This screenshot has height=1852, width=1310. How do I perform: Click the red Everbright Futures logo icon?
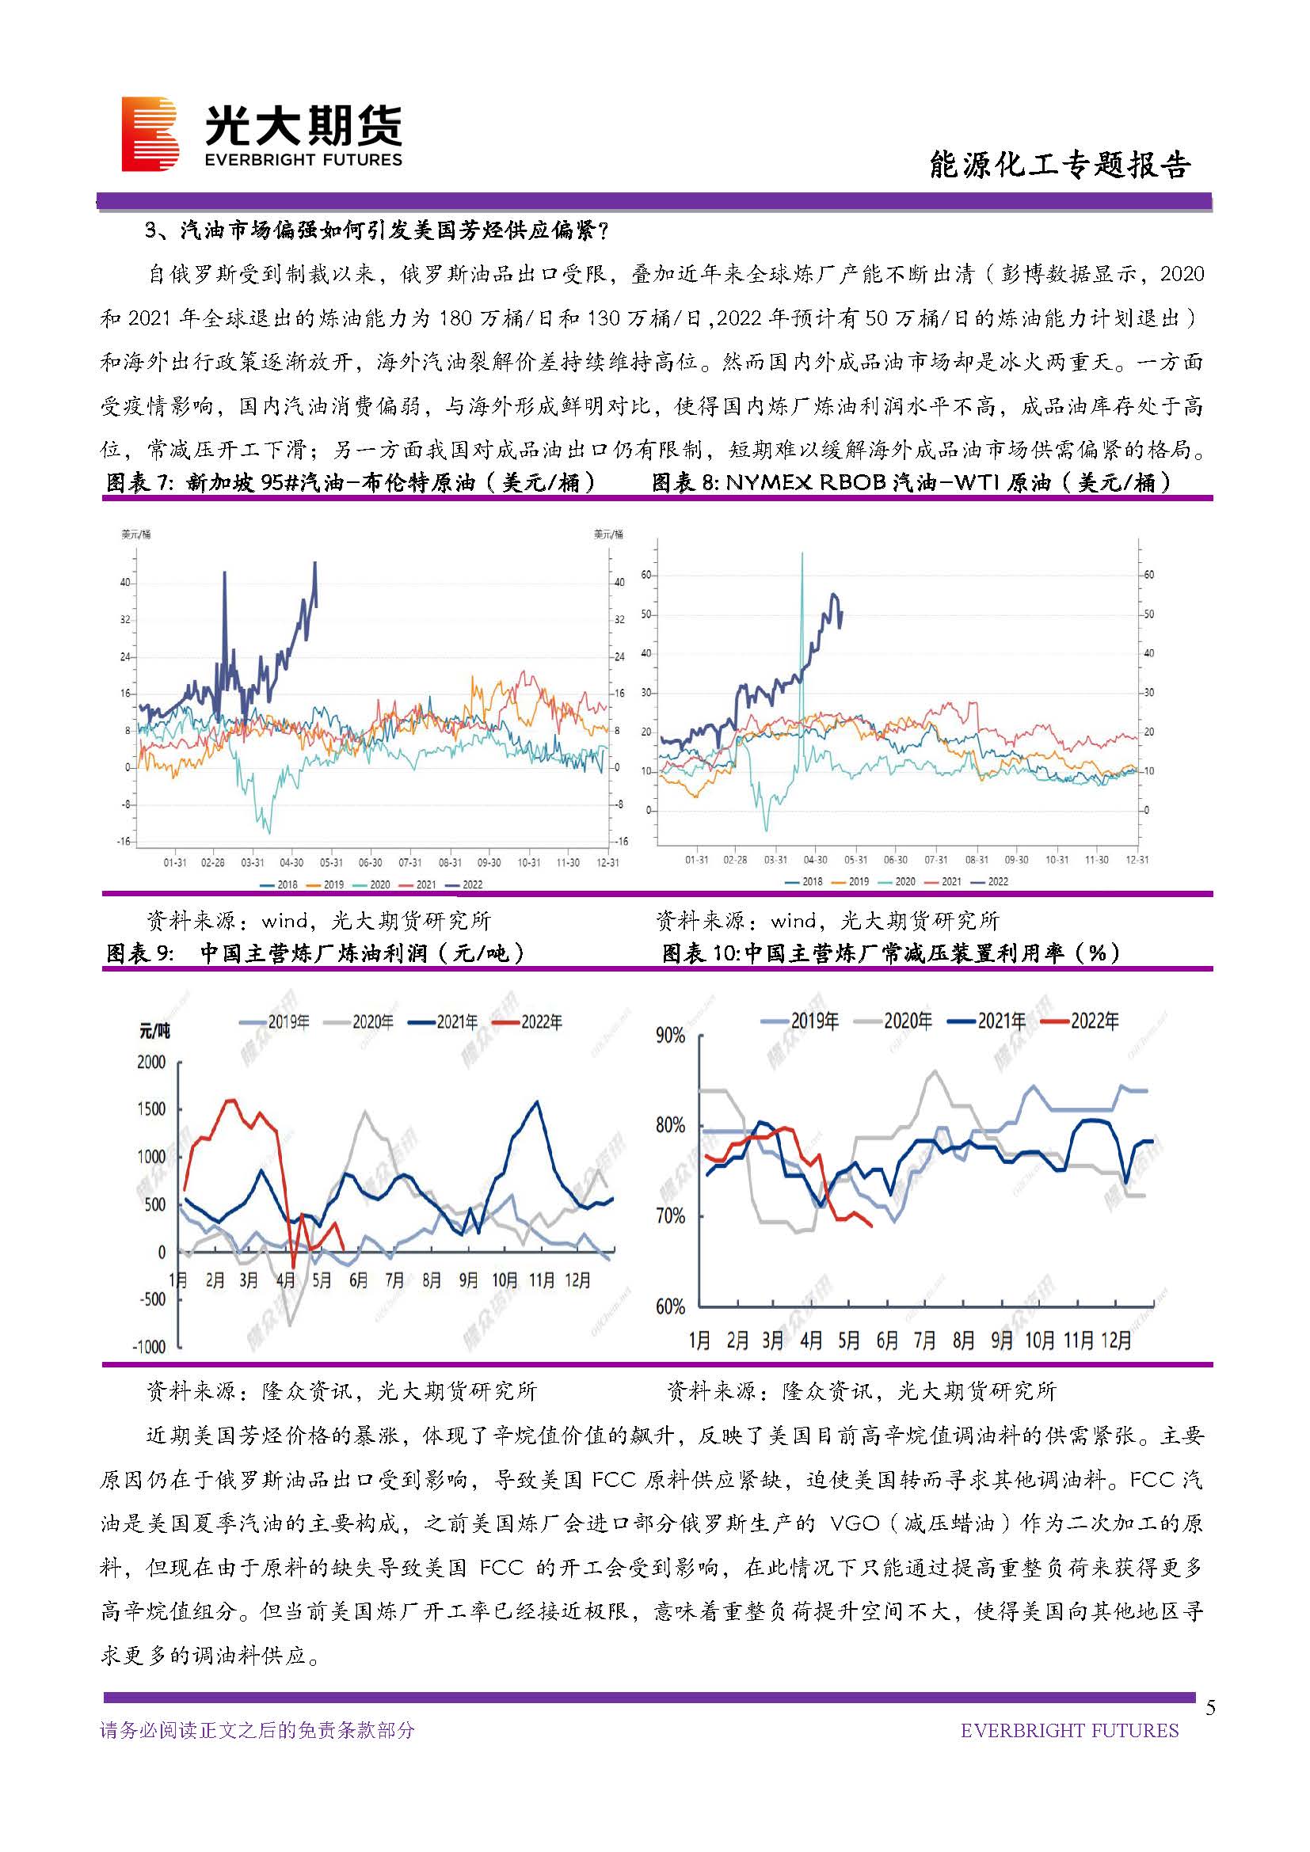(150, 134)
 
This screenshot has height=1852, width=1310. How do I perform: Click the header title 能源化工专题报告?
(1059, 165)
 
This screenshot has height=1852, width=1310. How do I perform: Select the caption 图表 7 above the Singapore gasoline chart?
(351, 482)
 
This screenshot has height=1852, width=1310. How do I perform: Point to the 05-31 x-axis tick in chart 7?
(331, 863)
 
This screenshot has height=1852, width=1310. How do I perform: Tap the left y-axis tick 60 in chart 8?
(646, 575)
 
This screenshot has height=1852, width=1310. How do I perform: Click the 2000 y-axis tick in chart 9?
(151, 1063)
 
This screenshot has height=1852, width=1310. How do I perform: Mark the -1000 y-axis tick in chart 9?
(149, 1347)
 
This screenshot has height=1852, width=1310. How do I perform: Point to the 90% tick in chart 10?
(670, 1036)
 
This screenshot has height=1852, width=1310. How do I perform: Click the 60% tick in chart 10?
(670, 1306)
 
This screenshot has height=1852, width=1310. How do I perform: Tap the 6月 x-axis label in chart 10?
(887, 1341)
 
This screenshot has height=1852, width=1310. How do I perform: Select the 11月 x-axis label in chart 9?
(541, 1280)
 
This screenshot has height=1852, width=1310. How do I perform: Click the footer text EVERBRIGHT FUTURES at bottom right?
(1069, 1730)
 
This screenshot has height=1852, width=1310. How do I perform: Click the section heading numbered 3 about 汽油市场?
(378, 231)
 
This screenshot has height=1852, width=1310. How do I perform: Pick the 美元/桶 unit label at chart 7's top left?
(135, 534)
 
